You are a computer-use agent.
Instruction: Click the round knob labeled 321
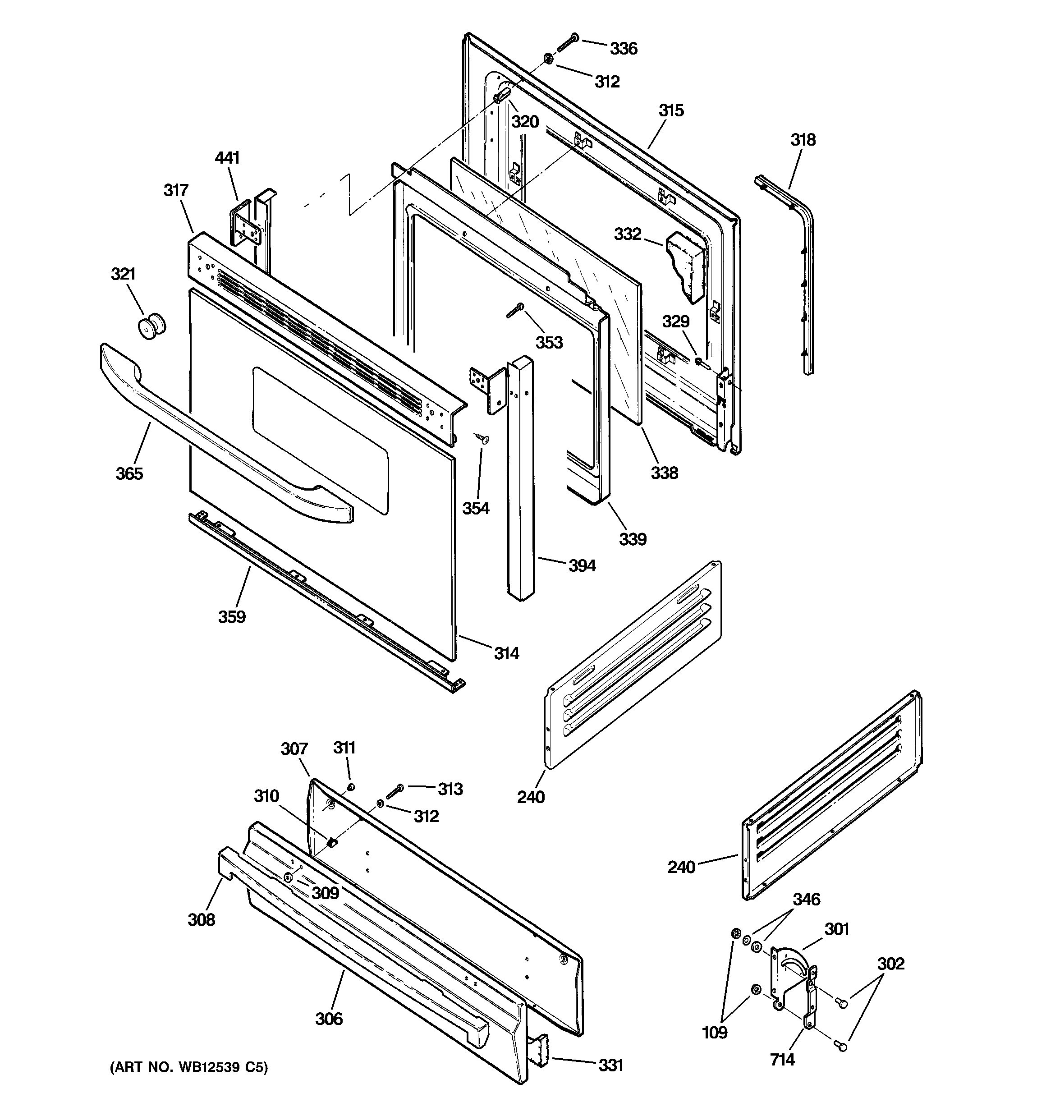151,327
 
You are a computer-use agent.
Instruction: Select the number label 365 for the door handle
129,473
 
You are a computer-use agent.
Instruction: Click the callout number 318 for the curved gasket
803,140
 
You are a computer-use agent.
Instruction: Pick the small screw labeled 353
515,310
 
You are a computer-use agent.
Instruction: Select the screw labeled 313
395,791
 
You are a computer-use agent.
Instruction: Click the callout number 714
782,1058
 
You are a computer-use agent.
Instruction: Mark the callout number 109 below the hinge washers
714,1032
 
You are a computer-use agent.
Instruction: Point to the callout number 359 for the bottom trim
232,617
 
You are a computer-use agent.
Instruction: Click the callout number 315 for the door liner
671,110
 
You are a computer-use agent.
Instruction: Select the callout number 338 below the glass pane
664,473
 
